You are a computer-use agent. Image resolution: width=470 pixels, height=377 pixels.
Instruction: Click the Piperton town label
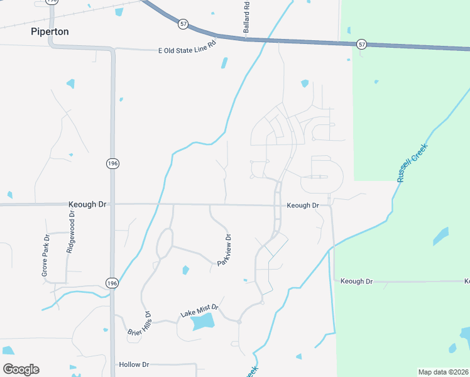[50, 31]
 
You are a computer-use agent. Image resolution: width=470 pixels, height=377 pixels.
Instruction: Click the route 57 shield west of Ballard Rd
[183, 24]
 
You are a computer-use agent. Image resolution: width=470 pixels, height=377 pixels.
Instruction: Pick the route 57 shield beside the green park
[361, 44]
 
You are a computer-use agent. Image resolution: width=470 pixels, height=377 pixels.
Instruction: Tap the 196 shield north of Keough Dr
[112, 163]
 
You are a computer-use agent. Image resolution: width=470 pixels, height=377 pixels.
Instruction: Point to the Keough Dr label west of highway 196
[87, 205]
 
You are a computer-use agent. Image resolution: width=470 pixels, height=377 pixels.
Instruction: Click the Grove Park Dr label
[45, 256]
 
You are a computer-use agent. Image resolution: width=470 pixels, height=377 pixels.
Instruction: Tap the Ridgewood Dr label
[70, 232]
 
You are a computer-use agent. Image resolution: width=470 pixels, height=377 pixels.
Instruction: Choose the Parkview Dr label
[224, 250]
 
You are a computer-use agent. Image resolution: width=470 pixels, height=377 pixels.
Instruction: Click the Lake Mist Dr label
[199, 309]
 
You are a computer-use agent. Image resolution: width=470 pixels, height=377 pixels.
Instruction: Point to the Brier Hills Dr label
[139, 323]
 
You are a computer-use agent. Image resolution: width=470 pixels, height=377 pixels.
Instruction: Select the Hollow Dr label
[133, 364]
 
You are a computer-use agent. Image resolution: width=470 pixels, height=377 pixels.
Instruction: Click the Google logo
[21, 369]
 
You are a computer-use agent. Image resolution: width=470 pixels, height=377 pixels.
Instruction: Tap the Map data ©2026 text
[443, 372]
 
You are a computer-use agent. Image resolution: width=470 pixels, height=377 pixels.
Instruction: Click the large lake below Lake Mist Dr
[202, 322]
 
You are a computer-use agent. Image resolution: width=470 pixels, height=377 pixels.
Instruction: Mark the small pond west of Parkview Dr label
[185, 270]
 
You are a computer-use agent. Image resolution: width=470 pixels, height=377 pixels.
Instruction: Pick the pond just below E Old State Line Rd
[224, 63]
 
